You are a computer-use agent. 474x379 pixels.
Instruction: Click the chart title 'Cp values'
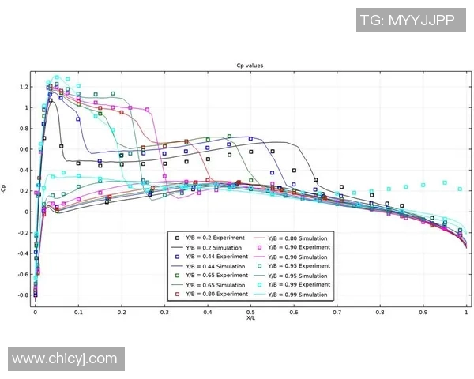[250, 66]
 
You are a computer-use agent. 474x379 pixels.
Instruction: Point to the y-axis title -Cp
[6, 189]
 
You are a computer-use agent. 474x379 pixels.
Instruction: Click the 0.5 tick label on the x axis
[250, 312]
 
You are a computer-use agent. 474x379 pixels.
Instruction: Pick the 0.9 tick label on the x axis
[423, 312]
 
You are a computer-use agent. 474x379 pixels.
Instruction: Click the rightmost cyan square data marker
[461, 189]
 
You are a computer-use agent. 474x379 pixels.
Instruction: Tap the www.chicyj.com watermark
[65, 359]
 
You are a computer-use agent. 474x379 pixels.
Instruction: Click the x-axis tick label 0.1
[78, 312]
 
